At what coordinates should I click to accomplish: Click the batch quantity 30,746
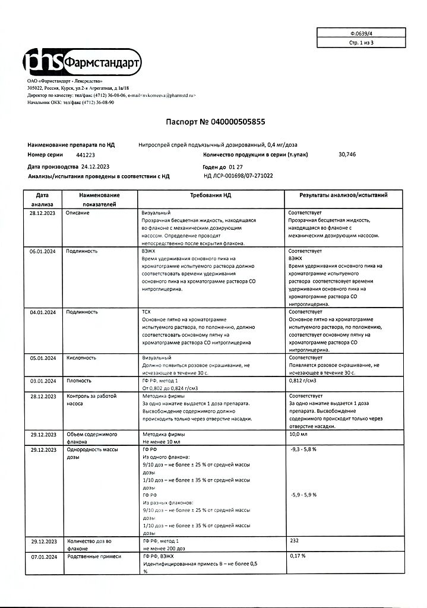point(348,154)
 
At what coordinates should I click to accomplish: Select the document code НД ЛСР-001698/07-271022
point(238,176)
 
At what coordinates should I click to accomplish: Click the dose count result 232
point(293,541)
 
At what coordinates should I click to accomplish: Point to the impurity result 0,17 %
point(297,556)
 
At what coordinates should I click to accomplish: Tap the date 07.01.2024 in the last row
point(42,556)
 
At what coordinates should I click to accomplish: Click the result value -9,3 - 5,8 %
point(302,450)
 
